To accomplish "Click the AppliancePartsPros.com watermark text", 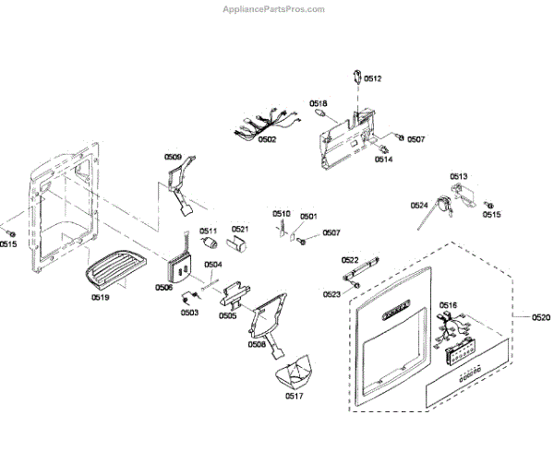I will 274,9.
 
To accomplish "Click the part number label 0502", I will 267,139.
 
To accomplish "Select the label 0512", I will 372,79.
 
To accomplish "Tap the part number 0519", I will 101,298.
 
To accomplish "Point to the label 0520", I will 541,317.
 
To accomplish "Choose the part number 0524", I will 419,206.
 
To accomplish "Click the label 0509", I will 174,157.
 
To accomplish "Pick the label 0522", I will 350,260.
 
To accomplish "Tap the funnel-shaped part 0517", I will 296,373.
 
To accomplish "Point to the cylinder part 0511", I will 210,244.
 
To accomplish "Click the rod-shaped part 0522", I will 361,271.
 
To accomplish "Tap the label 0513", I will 459,175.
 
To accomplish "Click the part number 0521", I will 240,229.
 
